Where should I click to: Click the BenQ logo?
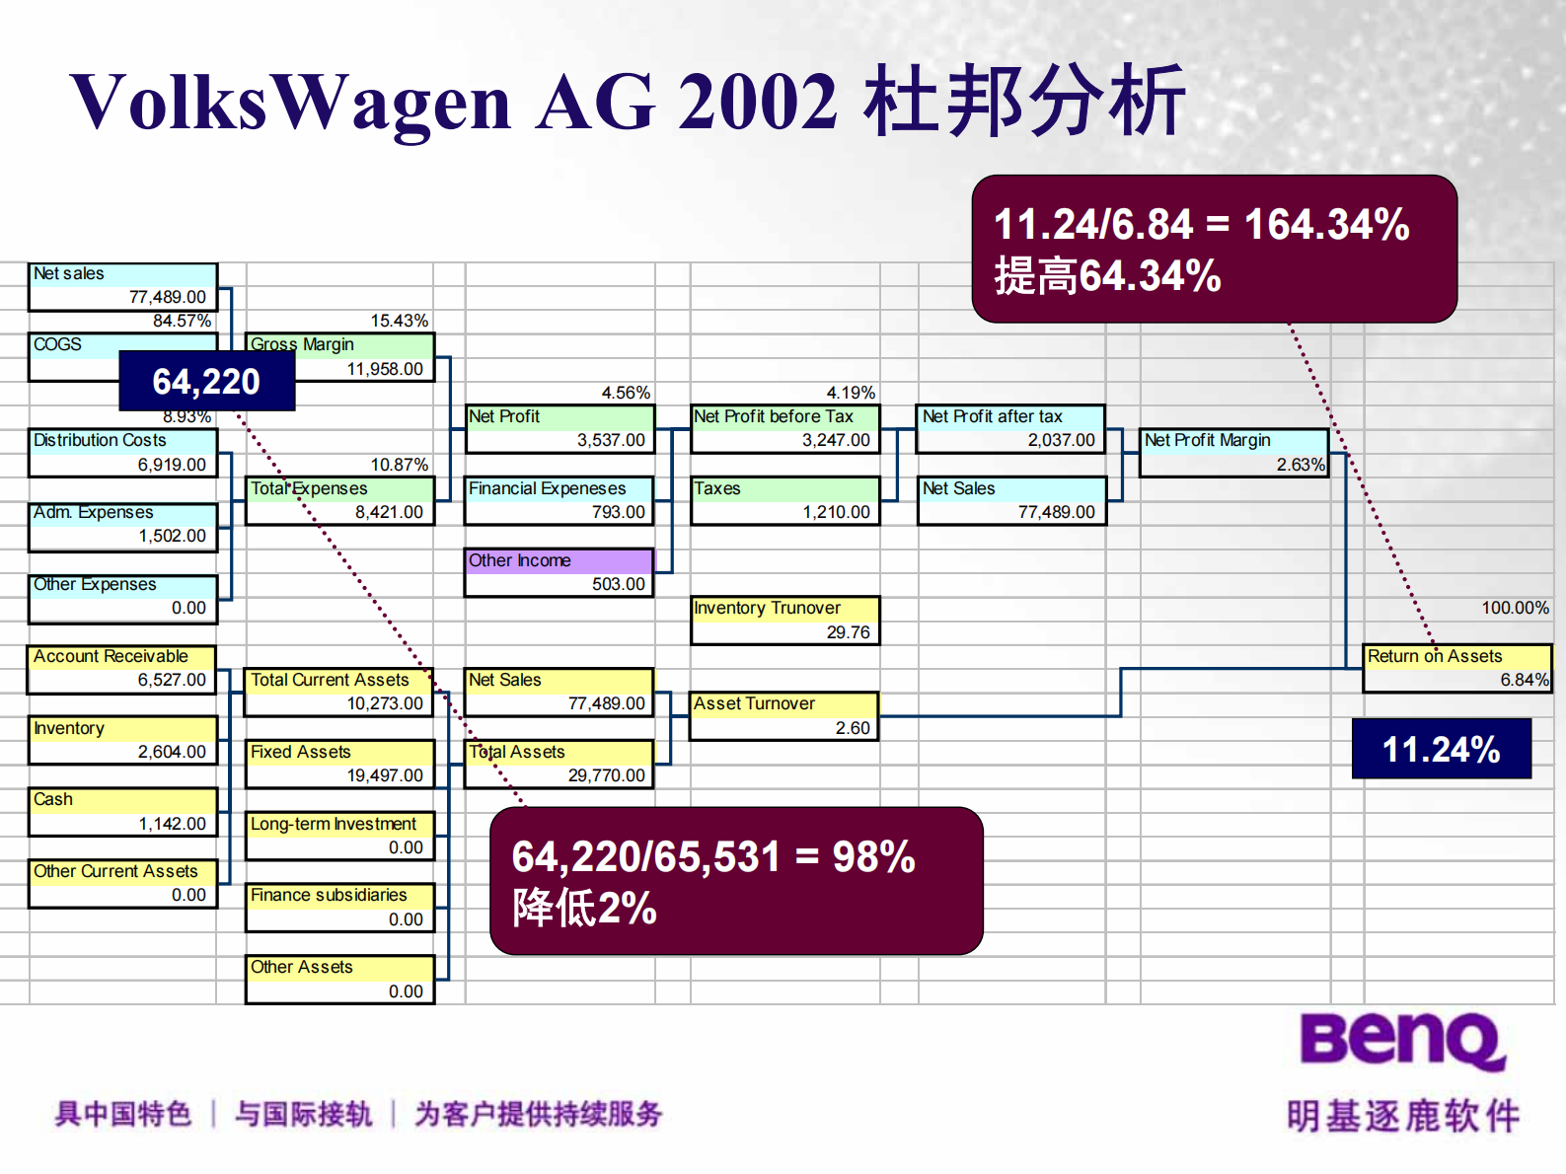click(1402, 1042)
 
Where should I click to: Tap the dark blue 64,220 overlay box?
click(207, 381)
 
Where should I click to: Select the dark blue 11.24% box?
click(1441, 749)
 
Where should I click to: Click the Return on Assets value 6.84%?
click(1525, 680)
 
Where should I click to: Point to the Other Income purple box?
click(559, 572)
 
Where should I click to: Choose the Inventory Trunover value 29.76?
click(849, 632)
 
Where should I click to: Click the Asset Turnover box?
click(784, 716)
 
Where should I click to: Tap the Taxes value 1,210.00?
click(836, 512)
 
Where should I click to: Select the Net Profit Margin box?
click(1234, 453)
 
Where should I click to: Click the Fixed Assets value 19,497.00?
click(385, 775)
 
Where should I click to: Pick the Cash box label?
click(53, 799)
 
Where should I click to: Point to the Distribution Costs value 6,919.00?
click(172, 465)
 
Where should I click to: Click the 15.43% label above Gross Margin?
click(400, 321)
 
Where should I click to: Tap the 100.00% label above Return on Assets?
click(1516, 609)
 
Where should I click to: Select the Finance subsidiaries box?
click(339, 908)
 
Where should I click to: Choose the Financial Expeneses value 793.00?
click(619, 512)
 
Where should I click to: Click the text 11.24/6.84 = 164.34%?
click(1202, 225)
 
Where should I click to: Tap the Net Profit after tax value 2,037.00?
click(1062, 440)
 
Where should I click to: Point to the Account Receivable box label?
click(111, 656)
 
